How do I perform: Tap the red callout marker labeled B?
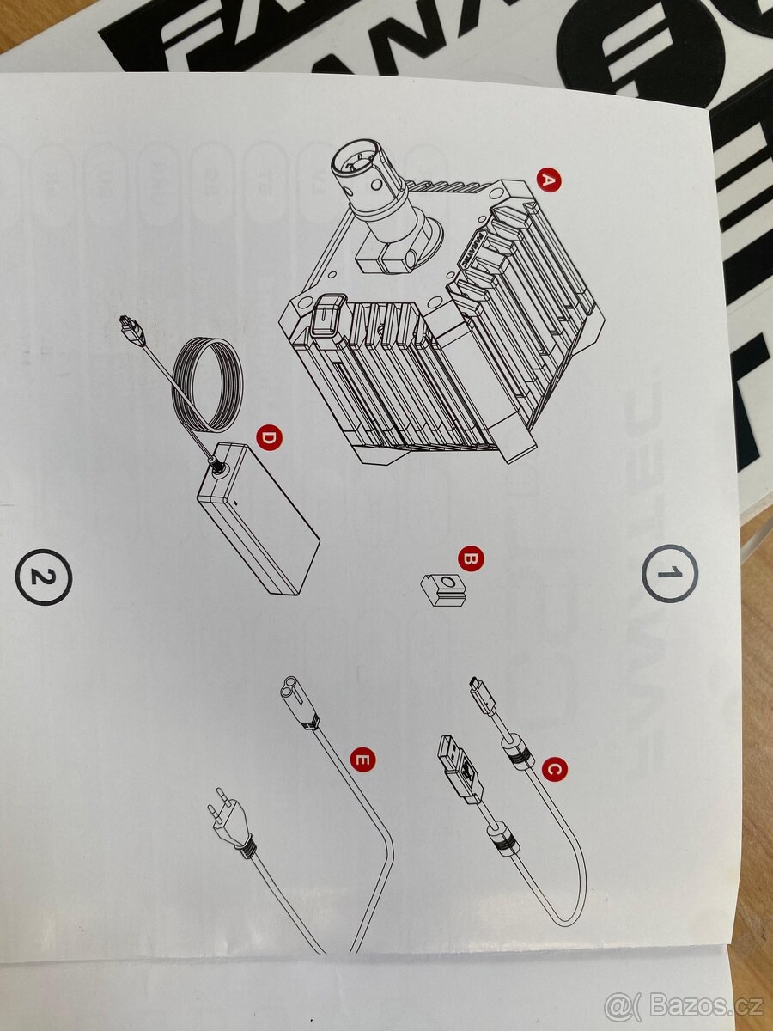[x=470, y=559]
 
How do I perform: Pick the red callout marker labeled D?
[x=269, y=437]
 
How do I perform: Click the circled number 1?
[x=670, y=573]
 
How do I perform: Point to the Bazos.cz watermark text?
[x=682, y=1004]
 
